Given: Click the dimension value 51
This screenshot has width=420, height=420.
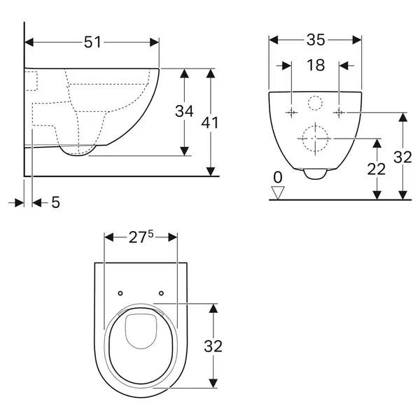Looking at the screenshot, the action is pos(92,42).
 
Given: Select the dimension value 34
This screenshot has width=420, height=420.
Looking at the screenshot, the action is pos(184,111).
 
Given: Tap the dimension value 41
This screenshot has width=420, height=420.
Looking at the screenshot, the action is pos(210,122).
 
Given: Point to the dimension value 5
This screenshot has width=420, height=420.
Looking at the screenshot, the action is pos(55,202).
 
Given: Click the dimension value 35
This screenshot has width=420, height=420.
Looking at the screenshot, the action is pos(316,40).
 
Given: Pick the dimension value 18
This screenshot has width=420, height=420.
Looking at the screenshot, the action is pos(316,65).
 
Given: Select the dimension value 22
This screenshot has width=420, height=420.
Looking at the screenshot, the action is pos(376,169).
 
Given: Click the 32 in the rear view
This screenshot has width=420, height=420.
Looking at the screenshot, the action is pos(402,157).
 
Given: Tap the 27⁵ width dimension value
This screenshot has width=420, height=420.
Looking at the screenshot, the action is pos(141,237).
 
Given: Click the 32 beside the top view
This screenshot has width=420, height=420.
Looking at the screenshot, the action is pos(213,346).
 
